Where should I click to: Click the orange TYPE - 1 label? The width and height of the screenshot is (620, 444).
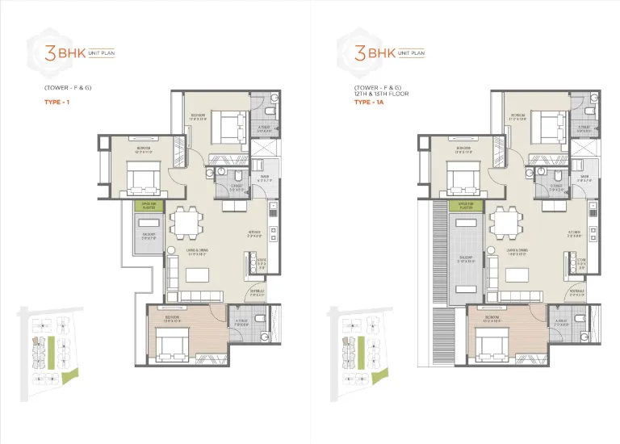pos(57,103)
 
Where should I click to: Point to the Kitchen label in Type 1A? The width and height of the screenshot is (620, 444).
pos(575,235)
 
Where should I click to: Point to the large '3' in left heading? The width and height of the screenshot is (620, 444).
pos(37,54)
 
